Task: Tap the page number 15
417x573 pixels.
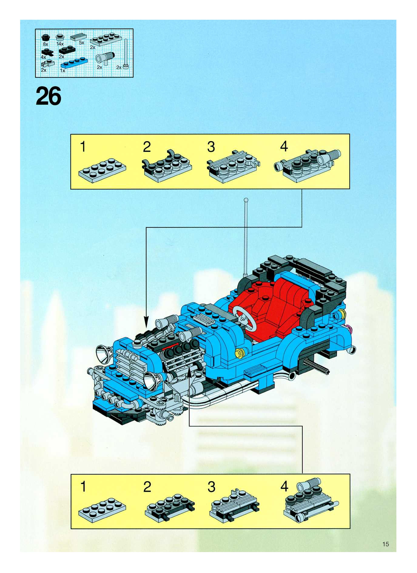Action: [x=385, y=544]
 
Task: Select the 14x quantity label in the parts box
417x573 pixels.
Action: [x=60, y=44]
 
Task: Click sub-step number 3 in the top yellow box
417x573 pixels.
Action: [x=211, y=147]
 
